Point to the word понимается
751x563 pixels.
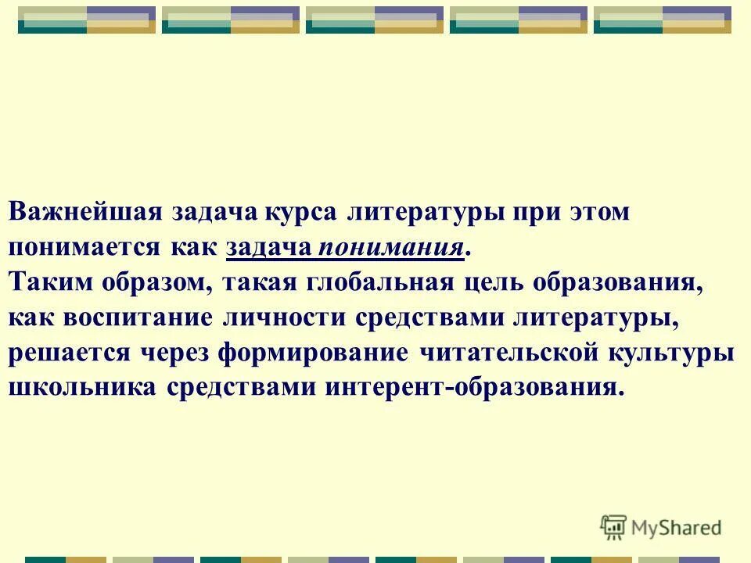click(x=82, y=248)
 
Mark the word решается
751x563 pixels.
click(x=70, y=353)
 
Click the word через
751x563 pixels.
click(x=177, y=353)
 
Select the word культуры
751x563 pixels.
click(x=672, y=353)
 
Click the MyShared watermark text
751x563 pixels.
click(x=676, y=527)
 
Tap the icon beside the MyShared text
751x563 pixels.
click(x=613, y=527)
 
